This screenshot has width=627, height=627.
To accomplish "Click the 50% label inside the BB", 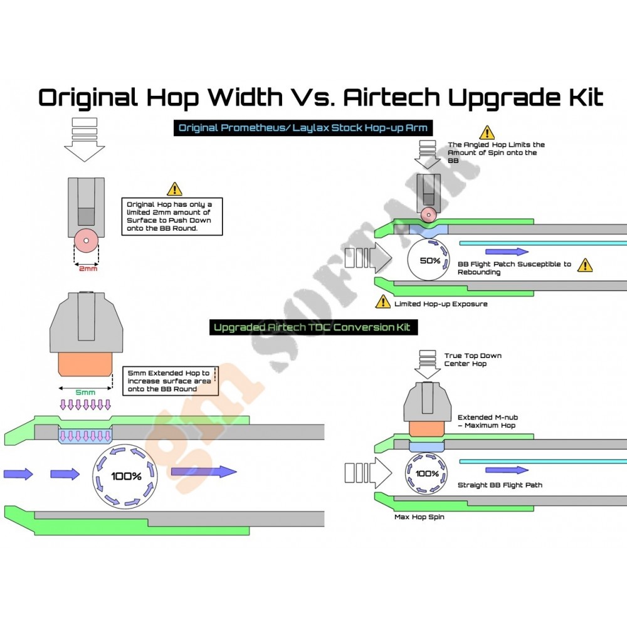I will click(x=429, y=260).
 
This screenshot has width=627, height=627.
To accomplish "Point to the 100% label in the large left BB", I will click(x=126, y=476).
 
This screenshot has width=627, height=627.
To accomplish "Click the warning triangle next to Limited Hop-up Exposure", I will click(x=382, y=302).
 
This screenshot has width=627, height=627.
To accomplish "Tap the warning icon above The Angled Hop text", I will click(x=487, y=132).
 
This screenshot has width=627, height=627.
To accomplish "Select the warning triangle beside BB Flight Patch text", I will click(x=584, y=265).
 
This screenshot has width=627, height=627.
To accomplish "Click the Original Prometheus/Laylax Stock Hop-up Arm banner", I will click(x=303, y=128).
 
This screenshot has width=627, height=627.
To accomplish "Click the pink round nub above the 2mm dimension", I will click(x=87, y=240).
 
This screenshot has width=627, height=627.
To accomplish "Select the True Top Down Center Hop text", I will click(x=473, y=359).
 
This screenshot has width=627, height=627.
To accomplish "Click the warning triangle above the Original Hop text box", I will click(x=174, y=188).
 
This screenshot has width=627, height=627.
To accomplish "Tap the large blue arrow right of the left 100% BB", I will click(x=203, y=472).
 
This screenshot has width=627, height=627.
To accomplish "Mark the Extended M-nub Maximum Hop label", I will click(x=487, y=421).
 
